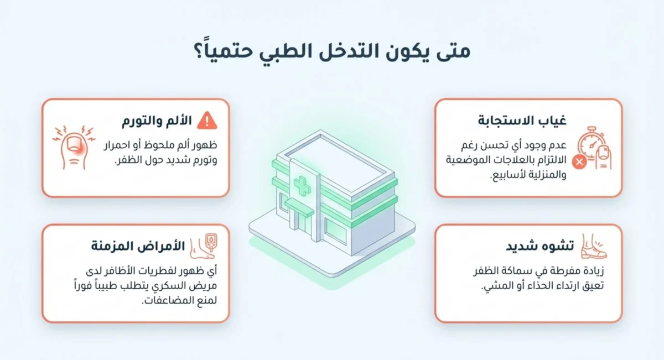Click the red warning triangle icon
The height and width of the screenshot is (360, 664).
click(207, 120)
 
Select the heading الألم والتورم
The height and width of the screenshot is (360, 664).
click(157, 121)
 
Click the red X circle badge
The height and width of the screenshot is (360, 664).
click(579, 162)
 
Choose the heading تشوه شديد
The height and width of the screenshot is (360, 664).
click(539, 247)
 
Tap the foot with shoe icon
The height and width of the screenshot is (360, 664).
click(594, 247)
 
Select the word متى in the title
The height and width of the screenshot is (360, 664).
click(454, 51)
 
